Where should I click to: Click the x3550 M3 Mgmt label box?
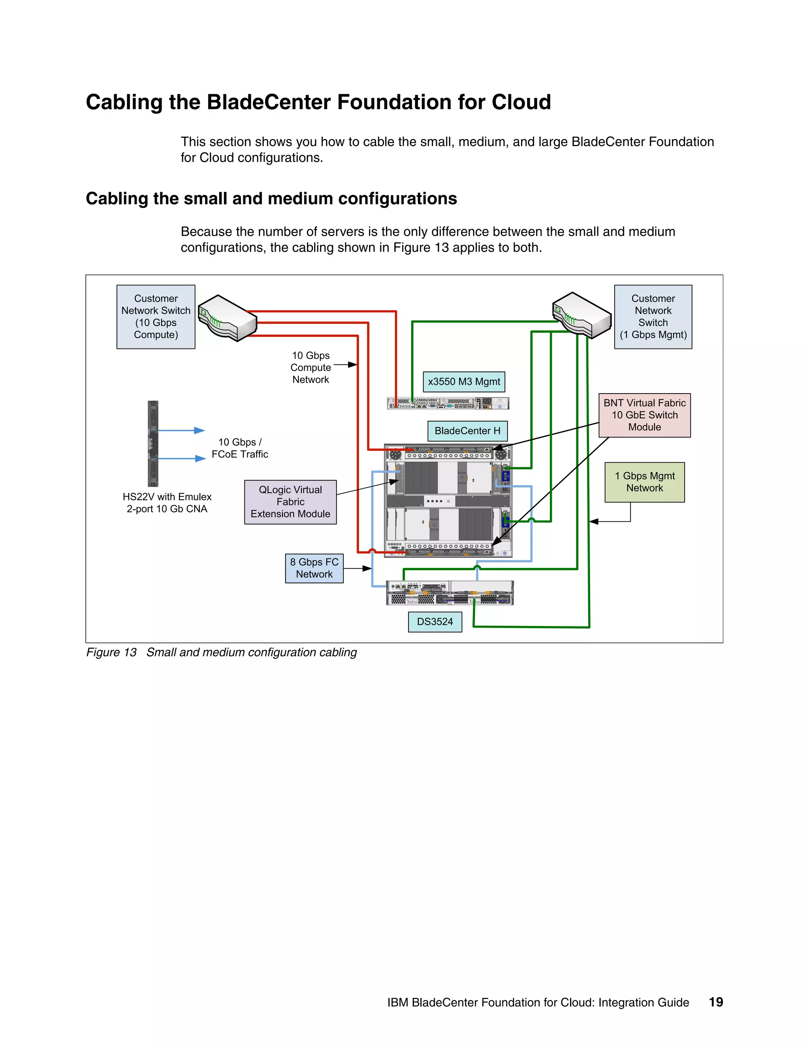pyautogui.click(x=463, y=382)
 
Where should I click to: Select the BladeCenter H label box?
pyautogui.click(x=467, y=431)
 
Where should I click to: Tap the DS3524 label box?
pyautogui.click(x=435, y=622)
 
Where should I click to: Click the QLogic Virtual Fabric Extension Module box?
pyautogui.click(x=290, y=502)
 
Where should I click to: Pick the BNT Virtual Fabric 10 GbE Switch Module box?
pyautogui.click(x=644, y=415)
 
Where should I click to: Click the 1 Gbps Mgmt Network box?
pyautogui.click(x=644, y=482)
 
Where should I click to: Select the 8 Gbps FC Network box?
pyautogui.click(x=314, y=568)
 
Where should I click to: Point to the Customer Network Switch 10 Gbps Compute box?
pyautogui.click(x=156, y=317)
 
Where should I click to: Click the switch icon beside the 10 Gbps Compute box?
pyautogui.click(x=227, y=317)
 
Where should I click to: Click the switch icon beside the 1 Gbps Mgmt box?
pyautogui.click(x=581, y=315)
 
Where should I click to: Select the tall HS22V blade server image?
pyautogui.click(x=153, y=444)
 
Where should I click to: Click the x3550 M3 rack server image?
pyautogui.click(x=448, y=403)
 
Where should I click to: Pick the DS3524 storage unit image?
pyautogui.click(x=450, y=593)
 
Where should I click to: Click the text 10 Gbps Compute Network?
pyautogui.click(x=310, y=367)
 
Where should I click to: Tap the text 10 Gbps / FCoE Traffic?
pyautogui.click(x=240, y=448)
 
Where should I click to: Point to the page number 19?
pyautogui.click(x=715, y=1002)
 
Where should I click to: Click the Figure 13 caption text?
pyautogui.click(x=222, y=652)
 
